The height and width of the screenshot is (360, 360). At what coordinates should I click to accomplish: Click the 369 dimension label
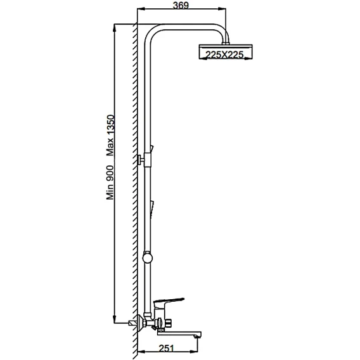point(181,5)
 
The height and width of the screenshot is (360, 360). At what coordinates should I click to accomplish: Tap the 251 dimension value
point(167,349)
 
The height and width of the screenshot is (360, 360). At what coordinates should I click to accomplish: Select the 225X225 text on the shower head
point(224,55)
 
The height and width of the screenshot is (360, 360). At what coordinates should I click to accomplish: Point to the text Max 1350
point(110,136)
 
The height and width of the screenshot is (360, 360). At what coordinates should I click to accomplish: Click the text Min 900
point(110,183)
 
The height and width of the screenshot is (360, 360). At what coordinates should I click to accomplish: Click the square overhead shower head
point(226,52)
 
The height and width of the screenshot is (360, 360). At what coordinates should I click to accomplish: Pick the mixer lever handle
point(169,301)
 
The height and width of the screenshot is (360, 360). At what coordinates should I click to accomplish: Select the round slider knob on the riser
point(148,257)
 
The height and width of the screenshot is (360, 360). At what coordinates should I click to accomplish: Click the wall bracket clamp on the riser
point(148,160)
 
